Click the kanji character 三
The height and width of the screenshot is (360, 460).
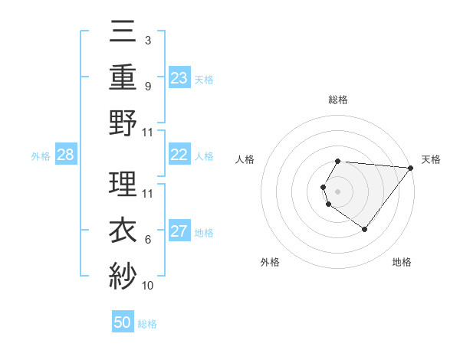[x=123, y=32]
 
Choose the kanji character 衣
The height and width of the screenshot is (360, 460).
[x=123, y=229]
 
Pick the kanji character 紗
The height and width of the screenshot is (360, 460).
[x=123, y=274]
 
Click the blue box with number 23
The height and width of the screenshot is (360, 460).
[x=179, y=77]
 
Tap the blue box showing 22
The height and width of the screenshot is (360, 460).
[x=179, y=155]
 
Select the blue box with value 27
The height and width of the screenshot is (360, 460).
[x=179, y=232]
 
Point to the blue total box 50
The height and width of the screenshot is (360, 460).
[x=123, y=322]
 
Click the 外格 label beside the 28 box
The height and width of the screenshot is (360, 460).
[x=41, y=156]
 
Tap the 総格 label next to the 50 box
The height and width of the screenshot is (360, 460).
[x=147, y=324]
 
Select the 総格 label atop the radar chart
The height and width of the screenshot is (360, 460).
[x=338, y=100]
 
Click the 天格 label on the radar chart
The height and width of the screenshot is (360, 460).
[x=432, y=159]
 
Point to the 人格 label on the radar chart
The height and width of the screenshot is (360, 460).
[x=245, y=159]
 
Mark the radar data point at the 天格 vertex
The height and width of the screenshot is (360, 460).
[x=411, y=168]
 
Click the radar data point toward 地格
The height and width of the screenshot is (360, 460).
[x=365, y=229]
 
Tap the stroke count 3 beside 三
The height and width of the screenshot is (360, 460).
[x=147, y=38]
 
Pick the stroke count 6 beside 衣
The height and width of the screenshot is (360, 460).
[x=148, y=240]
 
